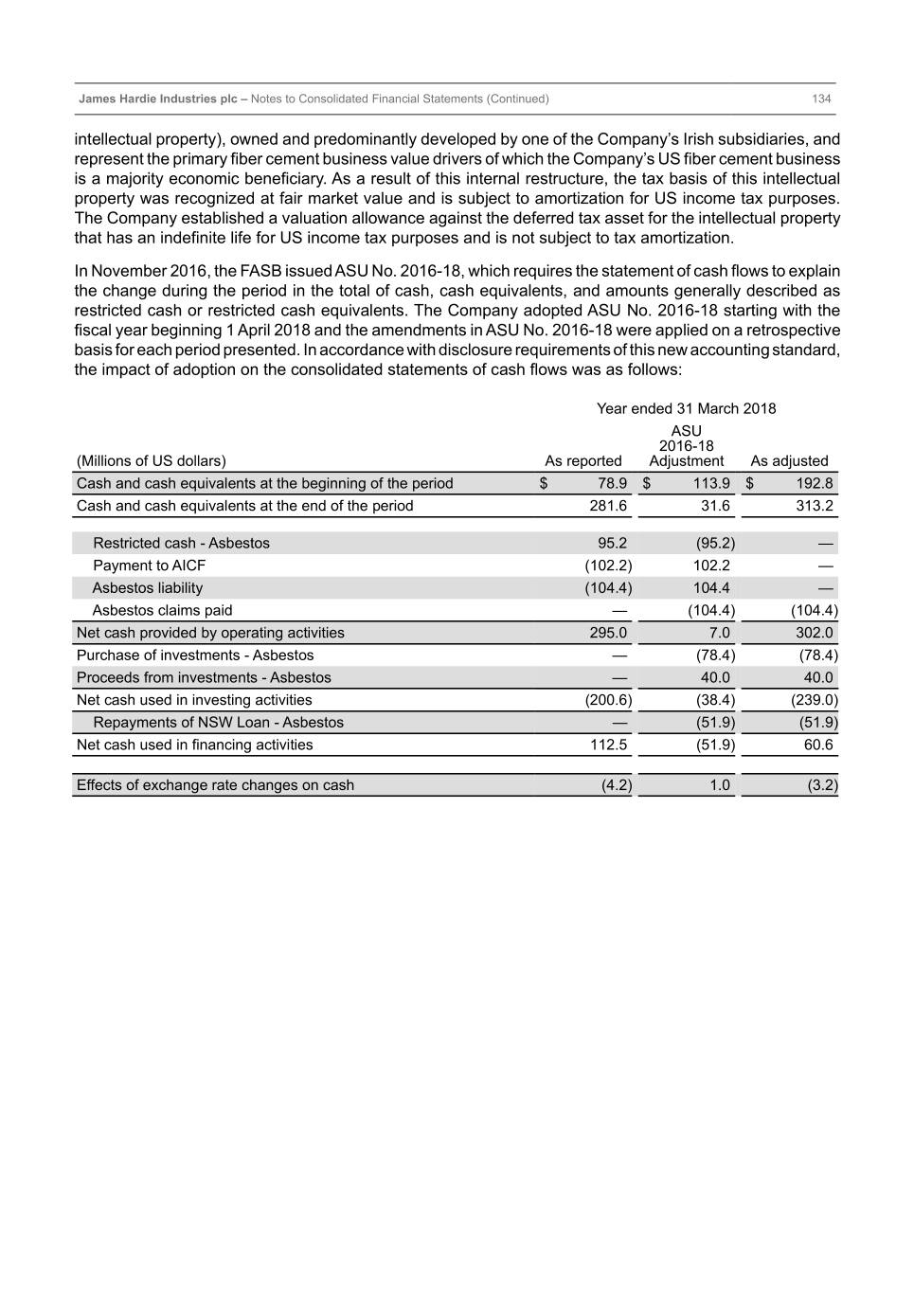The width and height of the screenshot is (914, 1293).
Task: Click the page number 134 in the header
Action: click(x=821, y=99)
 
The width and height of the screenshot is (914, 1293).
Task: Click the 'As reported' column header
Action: click(x=582, y=461)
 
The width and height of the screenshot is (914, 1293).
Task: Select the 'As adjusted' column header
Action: click(x=789, y=461)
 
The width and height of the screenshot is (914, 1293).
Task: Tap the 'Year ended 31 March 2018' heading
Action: click(x=686, y=408)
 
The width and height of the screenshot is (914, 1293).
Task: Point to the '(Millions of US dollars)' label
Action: click(x=152, y=461)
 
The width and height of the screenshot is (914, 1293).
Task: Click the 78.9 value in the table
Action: click(x=612, y=483)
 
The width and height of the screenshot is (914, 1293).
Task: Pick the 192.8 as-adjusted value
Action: click(x=815, y=483)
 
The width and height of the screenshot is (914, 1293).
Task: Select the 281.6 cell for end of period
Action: click(x=608, y=506)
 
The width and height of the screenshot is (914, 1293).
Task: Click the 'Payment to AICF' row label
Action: click(x=149, y=566)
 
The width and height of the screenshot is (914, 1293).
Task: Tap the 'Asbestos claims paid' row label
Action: click(x=162, y=610)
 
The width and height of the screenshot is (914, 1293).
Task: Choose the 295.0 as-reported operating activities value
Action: click(x=608, y=633)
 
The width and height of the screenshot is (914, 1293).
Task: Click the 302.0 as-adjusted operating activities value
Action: click(x=815, y=633)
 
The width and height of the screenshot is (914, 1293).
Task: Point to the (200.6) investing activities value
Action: click(x=608, y=700)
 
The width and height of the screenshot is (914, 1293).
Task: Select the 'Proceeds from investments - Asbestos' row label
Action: click(x=204, y=677)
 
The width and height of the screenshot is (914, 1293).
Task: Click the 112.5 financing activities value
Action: click(x=608, y=745)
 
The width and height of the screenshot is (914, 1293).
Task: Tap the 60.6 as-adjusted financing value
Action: click(x=818, y=745)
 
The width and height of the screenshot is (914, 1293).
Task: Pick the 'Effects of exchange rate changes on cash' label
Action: click(x=215, y=785)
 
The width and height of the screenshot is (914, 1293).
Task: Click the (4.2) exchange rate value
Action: click(x=617, y=785)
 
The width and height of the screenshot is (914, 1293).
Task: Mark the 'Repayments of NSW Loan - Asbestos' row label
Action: click(x=218, y=722)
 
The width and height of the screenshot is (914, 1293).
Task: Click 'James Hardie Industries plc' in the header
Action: click(x=157, y=99)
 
